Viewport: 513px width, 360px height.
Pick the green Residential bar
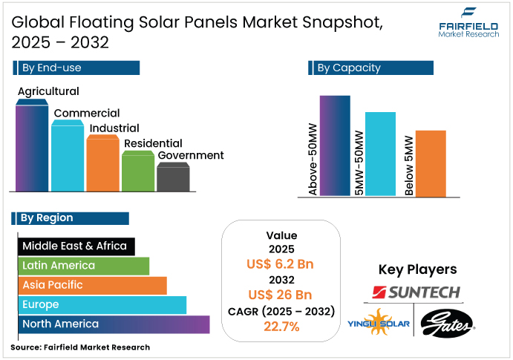137,172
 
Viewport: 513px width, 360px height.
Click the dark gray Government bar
173,178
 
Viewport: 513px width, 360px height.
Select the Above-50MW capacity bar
334,145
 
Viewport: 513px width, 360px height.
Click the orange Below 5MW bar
431,163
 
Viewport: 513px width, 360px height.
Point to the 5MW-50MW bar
381,154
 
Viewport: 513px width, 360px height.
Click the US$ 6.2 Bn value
281,264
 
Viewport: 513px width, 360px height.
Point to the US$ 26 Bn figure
281,295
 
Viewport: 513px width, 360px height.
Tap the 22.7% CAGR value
281,327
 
